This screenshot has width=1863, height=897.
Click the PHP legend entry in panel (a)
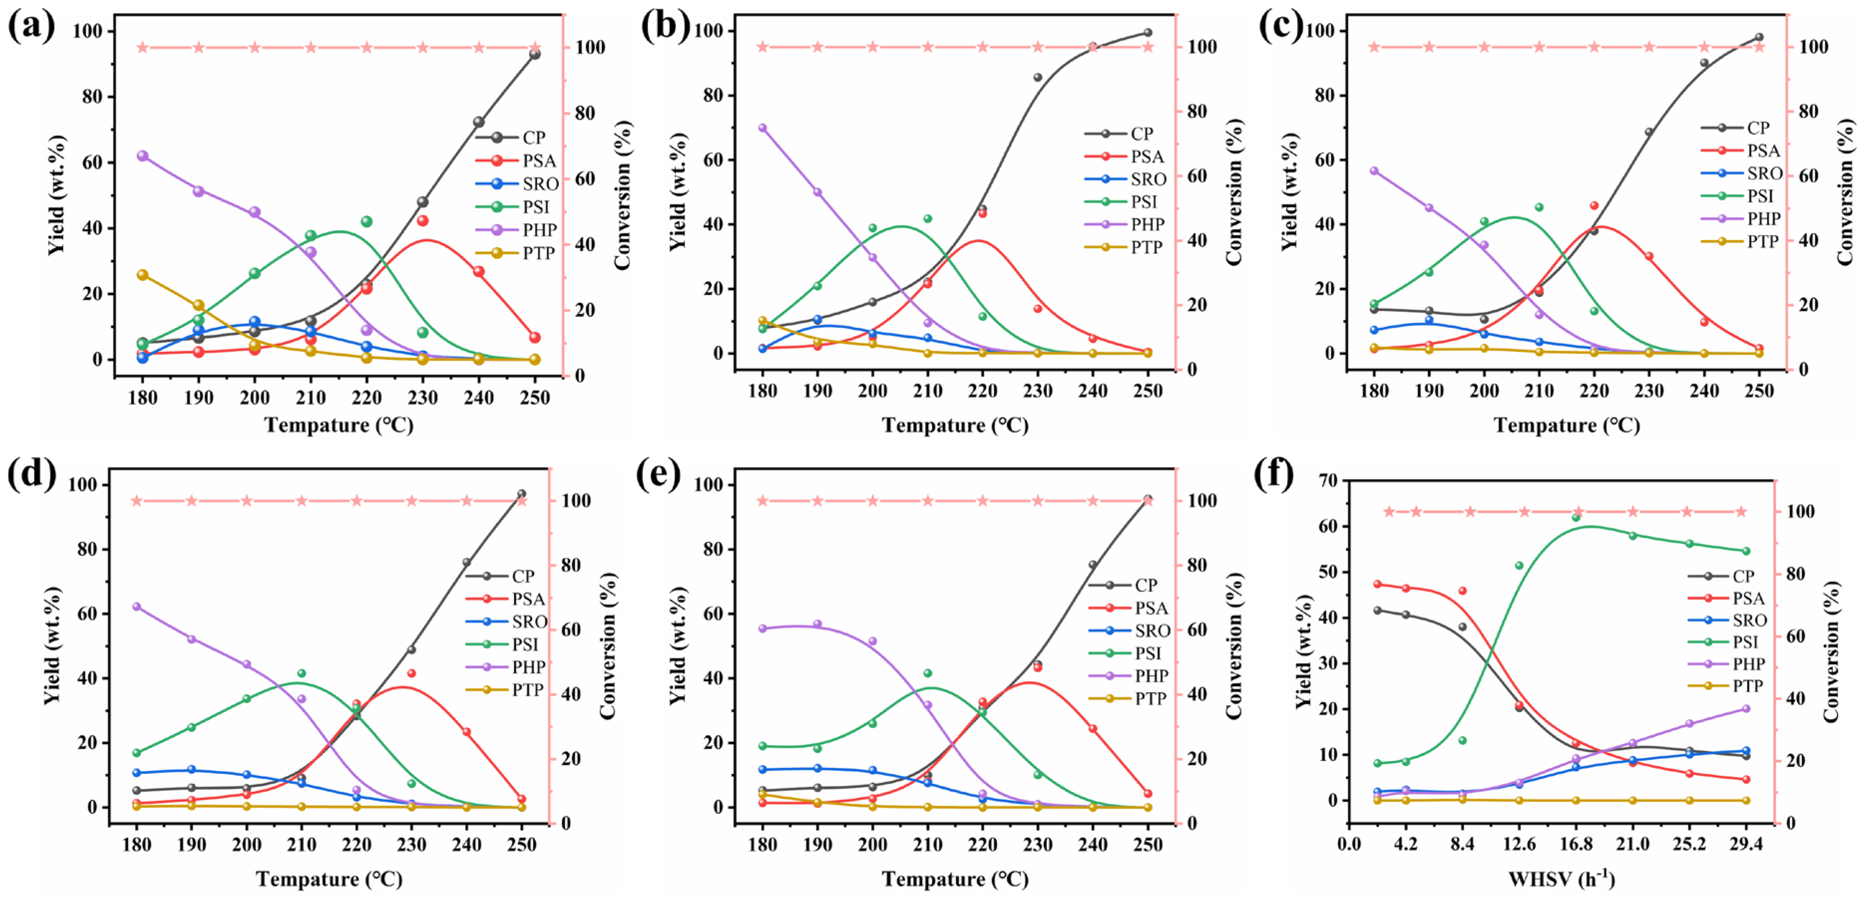539,230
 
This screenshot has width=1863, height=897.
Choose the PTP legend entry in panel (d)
527,690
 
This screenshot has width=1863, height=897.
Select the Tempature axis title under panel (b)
955,425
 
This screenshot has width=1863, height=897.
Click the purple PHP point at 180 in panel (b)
762,128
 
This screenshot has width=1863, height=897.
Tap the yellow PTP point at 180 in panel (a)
143,275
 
